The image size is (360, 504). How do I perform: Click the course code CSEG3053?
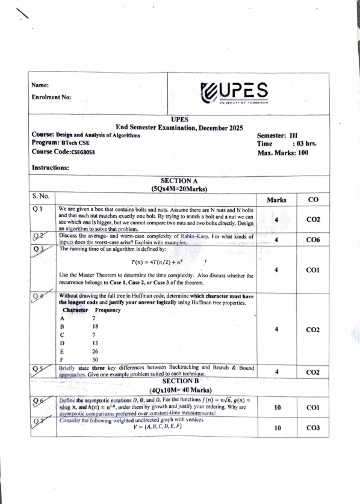pos(79,153)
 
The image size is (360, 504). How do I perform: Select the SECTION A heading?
pos(179,180)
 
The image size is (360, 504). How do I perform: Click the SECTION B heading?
pos(179,381)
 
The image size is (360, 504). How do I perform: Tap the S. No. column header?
pos(43,196)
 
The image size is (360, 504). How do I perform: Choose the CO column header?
pos(312,199)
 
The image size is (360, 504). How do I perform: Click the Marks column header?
pos(276,199)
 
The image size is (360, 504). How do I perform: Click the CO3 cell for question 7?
pos(312,428)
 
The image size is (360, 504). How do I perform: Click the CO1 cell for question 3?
pos(312,270)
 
